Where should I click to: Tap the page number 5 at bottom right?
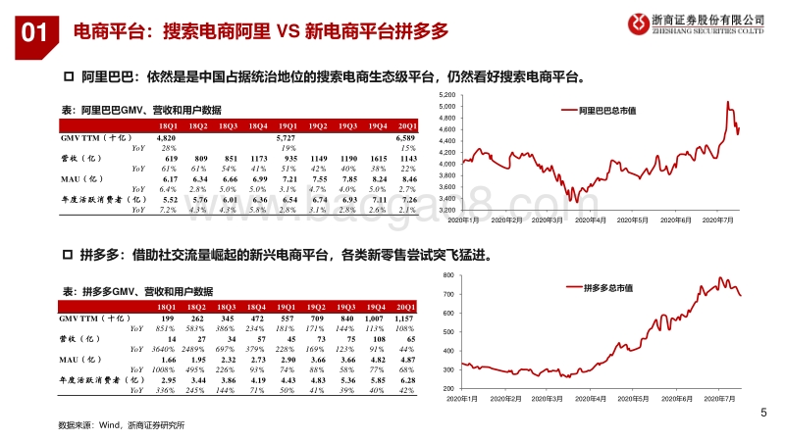coord(763,413)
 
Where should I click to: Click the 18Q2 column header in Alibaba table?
coord(198,126)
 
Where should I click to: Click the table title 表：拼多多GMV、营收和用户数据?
coord(137,291)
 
